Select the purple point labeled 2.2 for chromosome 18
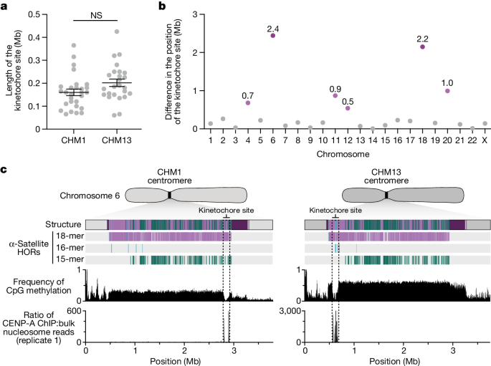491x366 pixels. coord(422,47)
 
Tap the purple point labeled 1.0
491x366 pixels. coord(447,91)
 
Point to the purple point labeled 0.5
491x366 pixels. coord(348,108)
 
